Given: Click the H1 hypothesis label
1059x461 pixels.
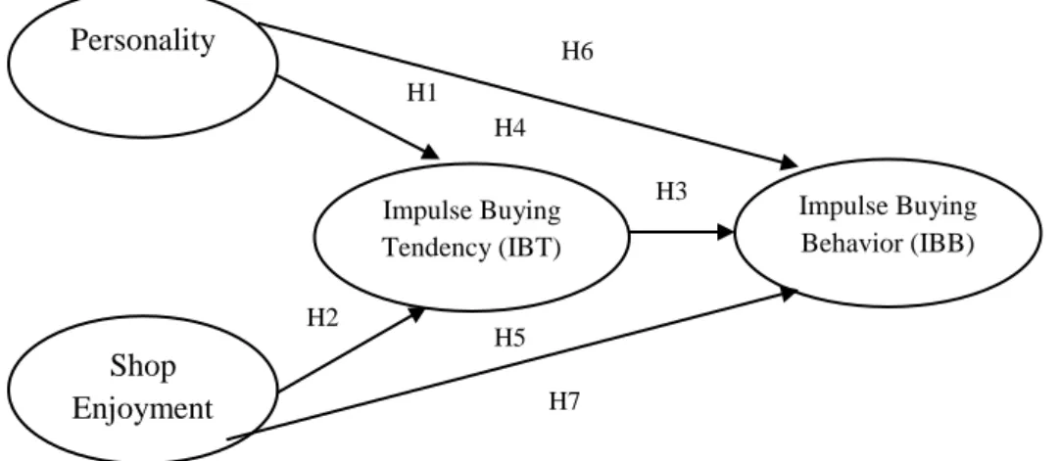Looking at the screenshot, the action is click(x=421, y=93).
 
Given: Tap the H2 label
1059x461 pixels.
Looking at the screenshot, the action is click(x=322, y=317).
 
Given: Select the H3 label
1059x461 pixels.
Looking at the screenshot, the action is click(x=671, y=193).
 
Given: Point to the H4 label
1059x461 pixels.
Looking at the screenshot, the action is click(x=510, y=127).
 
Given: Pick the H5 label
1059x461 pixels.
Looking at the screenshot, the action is click(x=509, y=338).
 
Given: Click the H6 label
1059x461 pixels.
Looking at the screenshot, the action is click(x=577, y=51).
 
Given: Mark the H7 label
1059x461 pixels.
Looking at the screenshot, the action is click(x=564, y=402).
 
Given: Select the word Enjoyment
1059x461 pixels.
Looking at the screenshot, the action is click(x=142, y=409).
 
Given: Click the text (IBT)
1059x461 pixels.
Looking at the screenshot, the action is click(x=529, y=249).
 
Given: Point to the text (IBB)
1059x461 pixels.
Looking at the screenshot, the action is click(x=941, y=243).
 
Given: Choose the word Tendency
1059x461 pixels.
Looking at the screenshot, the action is click(x=438, y=249).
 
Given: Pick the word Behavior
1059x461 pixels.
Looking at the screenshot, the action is click(x=852, y=243).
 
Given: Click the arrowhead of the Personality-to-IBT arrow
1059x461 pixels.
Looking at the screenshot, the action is click(x=431, y=153).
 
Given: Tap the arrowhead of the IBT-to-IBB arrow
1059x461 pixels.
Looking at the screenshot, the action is click(x=725, y=232).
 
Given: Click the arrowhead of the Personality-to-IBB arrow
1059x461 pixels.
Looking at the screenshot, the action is click(x=789, y=162).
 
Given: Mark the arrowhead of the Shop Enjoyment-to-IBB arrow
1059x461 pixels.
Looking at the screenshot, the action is click(x=789, y=294).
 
